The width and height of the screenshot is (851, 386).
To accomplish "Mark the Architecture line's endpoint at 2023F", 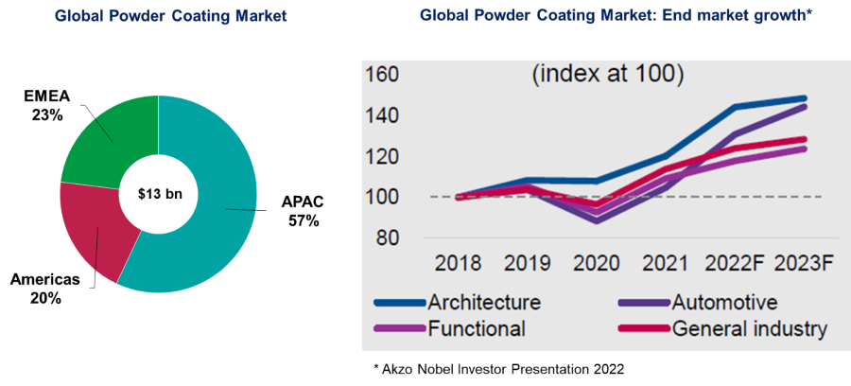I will pos(803,98).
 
